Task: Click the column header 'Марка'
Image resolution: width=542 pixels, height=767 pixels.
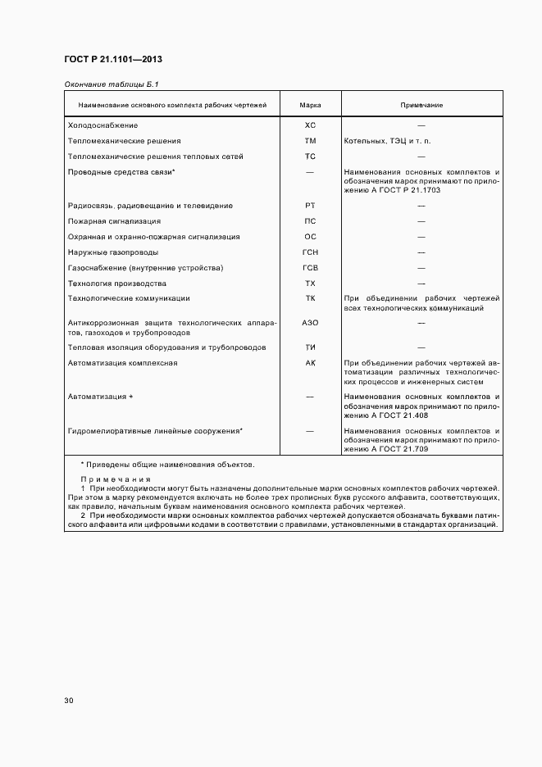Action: pyautogui.click(x=310, y=106)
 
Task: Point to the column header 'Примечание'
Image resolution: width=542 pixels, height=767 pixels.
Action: pyautogui.click(x=421, y=106)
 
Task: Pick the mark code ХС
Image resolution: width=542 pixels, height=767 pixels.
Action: pyautogui.click(x=310, y=125)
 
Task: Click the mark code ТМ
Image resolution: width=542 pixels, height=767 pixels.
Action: pyautogui.click(x=310, y=141)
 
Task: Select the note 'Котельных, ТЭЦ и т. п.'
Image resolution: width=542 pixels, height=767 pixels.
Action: pyautogui.click(x=386, y=141)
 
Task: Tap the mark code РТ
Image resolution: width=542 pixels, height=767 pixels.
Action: pyautogui.click(x=310, y=206)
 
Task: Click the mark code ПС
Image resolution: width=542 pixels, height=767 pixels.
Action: pyautogui.click(x=310, y=221)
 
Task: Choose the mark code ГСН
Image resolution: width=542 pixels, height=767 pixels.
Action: pyautogui.click(x=310, y=252)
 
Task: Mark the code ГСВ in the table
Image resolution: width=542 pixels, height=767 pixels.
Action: pyautogui.click(x=310, y=268)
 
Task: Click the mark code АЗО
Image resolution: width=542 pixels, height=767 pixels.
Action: pyautogui.click(x=310, y=323)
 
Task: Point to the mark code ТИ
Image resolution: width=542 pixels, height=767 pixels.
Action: pyautogui.click(x=310, y=347)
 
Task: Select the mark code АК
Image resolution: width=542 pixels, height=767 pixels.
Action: pyautogui.click(x=310, y=362)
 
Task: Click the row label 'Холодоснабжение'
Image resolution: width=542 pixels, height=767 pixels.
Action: pyautogui.click(x=102, y=125)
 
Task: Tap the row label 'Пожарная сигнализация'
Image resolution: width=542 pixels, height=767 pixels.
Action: pyautogui.click(x=114, y=221)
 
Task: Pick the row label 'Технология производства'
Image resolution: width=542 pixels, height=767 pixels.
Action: pyautogui.click(x=117, y=283)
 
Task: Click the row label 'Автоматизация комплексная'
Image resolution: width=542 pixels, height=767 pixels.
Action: pyautogui.click(x=122, y=362)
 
